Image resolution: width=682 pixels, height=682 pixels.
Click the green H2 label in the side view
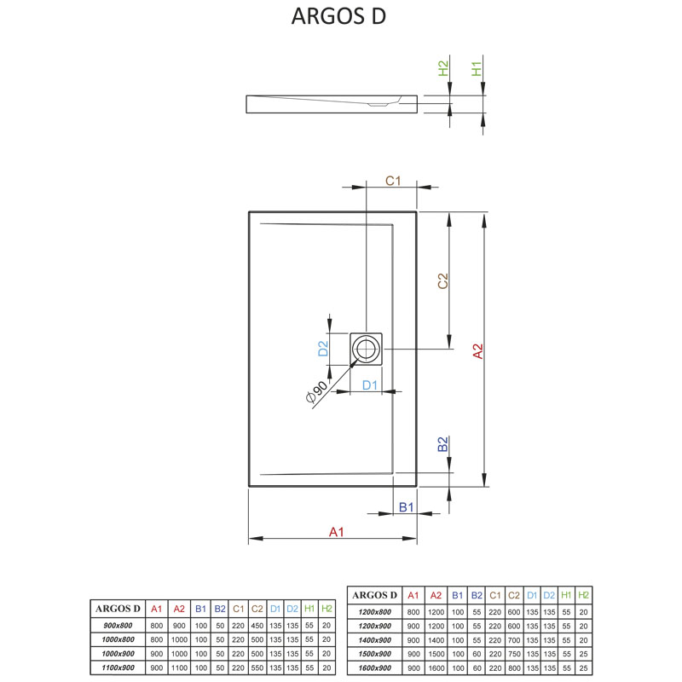(x=443, y=68)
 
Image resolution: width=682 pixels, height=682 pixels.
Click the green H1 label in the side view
(x=477, y=68)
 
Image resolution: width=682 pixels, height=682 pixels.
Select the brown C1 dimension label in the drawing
(x=393, y=181)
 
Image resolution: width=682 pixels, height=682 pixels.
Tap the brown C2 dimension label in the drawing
(x=442, y=281)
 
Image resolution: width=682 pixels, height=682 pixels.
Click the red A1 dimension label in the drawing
(x=336, y=533)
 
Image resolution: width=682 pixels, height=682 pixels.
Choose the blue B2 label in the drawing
(x=442, y=444)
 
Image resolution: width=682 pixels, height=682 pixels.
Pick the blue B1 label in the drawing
(x=407, y=507)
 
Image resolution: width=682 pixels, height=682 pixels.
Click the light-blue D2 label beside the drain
(x=323, y=348)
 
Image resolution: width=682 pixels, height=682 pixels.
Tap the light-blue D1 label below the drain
(x=369, y=385)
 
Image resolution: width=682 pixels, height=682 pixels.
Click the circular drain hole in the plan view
(x=367, y=348)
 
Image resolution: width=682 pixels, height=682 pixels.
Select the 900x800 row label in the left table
(x=118, y=625)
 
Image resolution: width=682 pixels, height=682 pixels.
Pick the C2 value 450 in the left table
(x=257, y=625)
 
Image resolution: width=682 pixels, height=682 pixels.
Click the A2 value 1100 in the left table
(x=179, y=666)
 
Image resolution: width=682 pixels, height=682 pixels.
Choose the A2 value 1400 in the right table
(x=436, y=639)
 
